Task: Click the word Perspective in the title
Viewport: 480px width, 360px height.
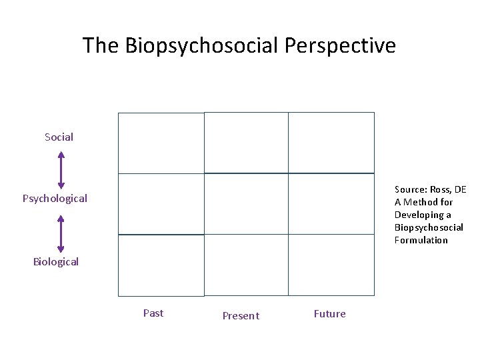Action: [340, 46]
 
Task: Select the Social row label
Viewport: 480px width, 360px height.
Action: [59, 137]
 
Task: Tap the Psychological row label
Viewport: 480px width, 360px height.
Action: [55, 199]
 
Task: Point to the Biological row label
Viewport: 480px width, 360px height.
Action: [56, 262]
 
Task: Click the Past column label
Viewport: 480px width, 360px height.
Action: [153, 313]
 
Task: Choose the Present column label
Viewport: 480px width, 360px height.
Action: [241, 316]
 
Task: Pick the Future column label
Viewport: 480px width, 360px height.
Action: [330, 314]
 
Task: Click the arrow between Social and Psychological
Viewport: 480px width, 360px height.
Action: [61, 169]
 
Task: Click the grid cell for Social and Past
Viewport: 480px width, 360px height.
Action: [161, 143]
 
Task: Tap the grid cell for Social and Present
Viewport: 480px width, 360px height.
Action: [246, 143]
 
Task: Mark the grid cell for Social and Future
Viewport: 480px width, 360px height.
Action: [331, 143]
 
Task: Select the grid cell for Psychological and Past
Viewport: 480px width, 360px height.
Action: [161, 204]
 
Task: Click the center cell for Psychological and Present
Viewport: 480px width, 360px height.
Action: [246, 204]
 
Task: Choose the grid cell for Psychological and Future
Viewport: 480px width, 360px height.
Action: [331, 204]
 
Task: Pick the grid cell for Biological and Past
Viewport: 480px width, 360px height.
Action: [161, 265]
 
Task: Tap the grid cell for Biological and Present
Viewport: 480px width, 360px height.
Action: [246, 265]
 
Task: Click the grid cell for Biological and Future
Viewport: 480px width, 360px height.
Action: [331, 265]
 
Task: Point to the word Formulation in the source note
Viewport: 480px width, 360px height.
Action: [421, 240]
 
